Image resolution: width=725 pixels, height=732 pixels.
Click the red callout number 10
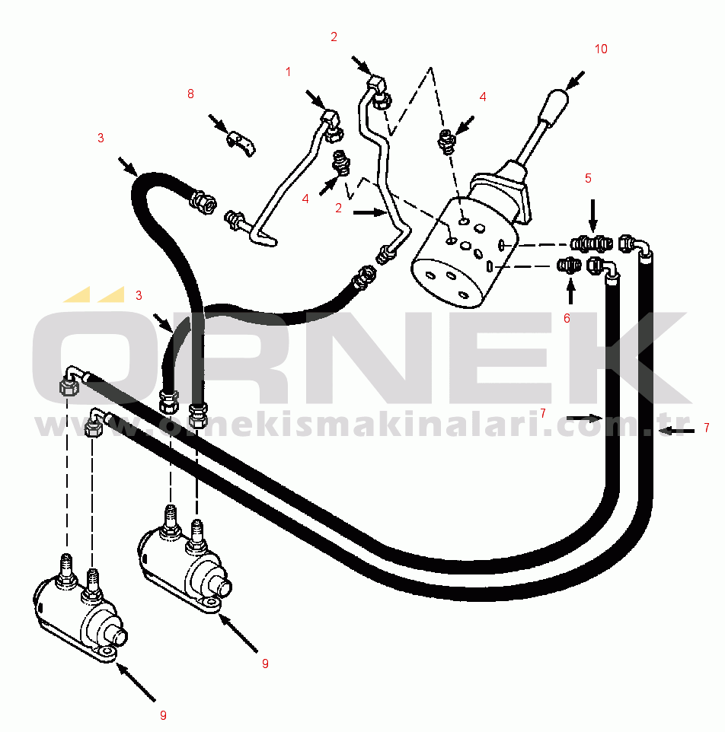[x=601, y=49]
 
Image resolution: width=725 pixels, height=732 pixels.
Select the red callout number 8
[x=190, y=94]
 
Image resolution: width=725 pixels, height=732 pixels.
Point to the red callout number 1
[x=288, y=72]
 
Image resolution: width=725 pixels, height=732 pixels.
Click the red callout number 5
[x=588, y=178]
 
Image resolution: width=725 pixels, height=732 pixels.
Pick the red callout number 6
[x=567, y=318]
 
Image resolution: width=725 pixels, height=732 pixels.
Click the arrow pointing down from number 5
[x=592, y=215]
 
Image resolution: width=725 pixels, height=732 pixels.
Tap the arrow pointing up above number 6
[x=570, y=291]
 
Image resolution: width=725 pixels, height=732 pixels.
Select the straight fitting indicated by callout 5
[x=592, y=243]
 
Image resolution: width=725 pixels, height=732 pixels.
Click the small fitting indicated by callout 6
[x=570, y=266]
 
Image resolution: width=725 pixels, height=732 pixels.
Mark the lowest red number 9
[x=163, y=715]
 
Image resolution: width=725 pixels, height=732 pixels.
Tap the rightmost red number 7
[x=706, y=428]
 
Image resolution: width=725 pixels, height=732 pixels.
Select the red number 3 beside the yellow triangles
[x=139, y=295]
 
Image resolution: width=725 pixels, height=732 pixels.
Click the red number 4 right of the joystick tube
[x=483, y=97]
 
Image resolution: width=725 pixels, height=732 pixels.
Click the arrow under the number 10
[x=574, y=81]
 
